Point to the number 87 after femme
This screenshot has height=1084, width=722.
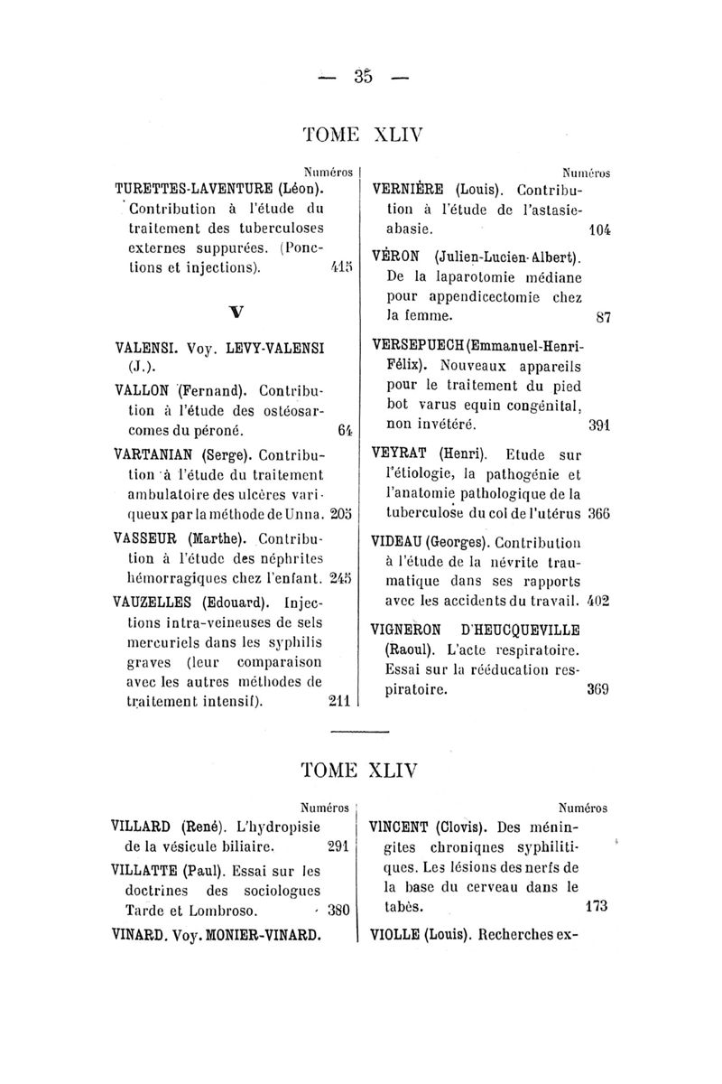coord(604,317)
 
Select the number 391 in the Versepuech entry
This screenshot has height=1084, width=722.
coord(599,424)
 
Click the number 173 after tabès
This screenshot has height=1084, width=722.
coord(598,904)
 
